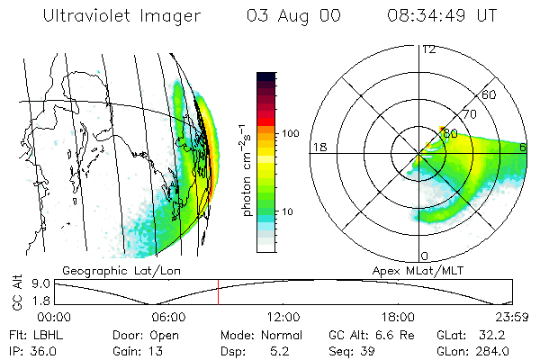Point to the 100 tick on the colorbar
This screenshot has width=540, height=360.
[x=291, y=133]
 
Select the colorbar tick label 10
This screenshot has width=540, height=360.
[x=289, y=212]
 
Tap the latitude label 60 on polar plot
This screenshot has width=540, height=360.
[x=490, y=94]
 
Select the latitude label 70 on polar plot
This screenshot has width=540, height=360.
[x=468, y=114]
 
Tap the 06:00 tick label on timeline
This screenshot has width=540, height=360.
[x=168, y=318]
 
